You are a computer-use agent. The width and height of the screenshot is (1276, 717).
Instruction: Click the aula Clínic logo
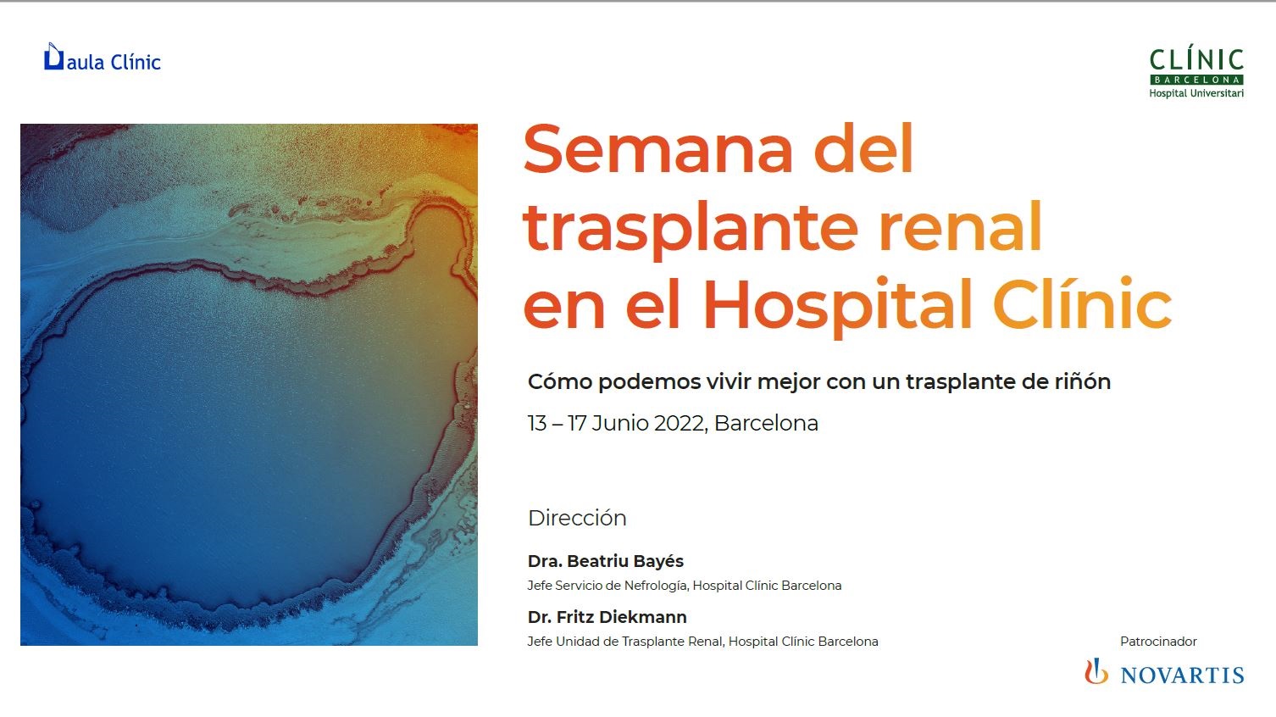103,58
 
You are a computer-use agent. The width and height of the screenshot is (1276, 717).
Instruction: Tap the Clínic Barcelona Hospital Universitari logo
1196,74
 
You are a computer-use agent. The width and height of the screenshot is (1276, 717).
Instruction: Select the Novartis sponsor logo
1164,673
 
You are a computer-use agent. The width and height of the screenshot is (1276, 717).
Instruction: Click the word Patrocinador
1158,642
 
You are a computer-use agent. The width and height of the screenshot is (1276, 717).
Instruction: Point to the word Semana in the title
658,149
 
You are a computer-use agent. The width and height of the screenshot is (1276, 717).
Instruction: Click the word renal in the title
961,227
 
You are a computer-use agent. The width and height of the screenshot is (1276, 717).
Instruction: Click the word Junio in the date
619,424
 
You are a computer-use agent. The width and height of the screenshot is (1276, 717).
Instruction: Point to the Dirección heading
577,518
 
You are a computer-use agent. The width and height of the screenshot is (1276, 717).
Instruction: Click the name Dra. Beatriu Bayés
606,561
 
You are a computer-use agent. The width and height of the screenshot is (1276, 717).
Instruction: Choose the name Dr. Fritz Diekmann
607,617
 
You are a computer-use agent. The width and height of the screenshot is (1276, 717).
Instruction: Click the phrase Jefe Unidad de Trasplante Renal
625,642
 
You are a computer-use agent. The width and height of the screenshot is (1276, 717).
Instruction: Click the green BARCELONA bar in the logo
1196,80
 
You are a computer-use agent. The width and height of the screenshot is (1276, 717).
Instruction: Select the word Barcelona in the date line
766,424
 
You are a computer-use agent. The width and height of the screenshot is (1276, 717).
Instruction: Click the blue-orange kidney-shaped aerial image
249,385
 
